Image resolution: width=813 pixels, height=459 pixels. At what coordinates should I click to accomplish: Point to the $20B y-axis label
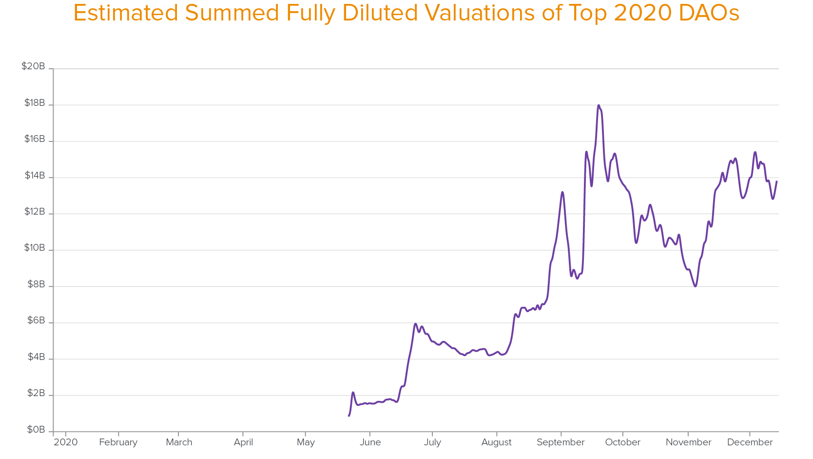33,66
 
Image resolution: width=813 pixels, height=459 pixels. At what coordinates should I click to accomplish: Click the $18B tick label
35,103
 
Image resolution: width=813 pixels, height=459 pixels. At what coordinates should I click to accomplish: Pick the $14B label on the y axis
35,176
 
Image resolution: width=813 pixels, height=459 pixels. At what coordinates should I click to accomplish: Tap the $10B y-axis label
35,248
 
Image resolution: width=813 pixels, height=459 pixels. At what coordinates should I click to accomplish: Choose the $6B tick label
36,320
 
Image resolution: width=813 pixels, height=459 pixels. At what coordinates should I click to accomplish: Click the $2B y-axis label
36,393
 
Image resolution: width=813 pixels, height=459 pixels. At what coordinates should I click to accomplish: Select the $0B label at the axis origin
36,430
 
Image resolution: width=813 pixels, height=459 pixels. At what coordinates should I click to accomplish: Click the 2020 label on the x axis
66,442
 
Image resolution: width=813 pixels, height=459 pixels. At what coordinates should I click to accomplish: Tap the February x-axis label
118,442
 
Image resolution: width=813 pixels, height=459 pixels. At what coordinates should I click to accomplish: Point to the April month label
243,442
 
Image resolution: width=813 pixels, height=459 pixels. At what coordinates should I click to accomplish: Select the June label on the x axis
370,442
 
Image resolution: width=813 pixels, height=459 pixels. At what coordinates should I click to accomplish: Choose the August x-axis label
496,442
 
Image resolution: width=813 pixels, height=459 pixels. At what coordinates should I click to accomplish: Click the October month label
622,442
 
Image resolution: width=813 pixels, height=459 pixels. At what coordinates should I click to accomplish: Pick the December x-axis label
750,442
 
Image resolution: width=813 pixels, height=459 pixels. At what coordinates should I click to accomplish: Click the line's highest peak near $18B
599,105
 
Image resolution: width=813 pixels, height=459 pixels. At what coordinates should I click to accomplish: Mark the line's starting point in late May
349,416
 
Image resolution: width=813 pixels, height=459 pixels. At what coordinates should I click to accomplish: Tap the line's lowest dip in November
695,286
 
